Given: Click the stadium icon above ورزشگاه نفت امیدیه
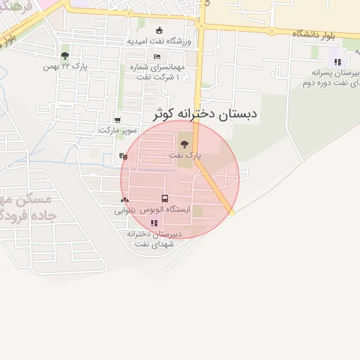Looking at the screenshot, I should [x=159, y=30].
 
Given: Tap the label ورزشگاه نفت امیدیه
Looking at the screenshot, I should [x=159, y=41].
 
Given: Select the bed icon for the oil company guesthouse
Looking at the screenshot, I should [x=156, y=56].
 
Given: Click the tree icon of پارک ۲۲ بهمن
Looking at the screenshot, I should [x=65, y=55].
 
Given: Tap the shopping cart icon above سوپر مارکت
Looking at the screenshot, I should [x=117, y=120].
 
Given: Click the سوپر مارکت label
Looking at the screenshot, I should [x=117, y=130].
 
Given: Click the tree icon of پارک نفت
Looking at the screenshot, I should [x=185, y=143].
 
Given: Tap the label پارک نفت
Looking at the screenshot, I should [x=185, y=154].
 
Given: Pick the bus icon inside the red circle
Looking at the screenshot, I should [x=165, y=199].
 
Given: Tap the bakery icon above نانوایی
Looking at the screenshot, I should [x=125, y=200].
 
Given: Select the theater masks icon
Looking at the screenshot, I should [x=124, y=157].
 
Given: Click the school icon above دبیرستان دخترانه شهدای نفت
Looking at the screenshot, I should [x=153, y=224].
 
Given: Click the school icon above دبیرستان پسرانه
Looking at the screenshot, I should [x=337, y=61].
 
